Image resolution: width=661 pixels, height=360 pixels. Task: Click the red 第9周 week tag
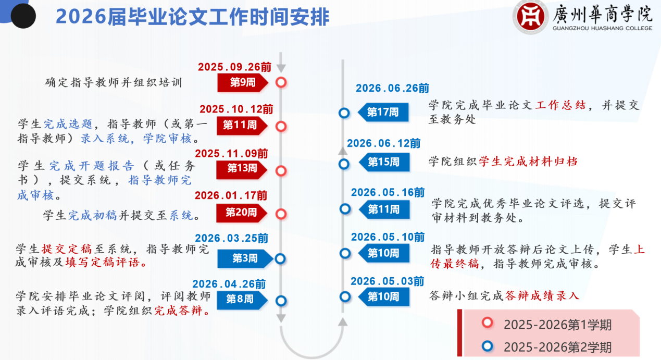coord(243,82)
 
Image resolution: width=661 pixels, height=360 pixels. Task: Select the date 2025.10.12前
coord(236,109)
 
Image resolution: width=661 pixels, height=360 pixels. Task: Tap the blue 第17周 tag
coord(383,112)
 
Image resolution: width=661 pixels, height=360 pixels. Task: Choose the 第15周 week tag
coord(384,162)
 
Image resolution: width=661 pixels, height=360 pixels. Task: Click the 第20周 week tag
coord(242,213)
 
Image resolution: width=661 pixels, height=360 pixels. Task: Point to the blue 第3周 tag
coord(245,258)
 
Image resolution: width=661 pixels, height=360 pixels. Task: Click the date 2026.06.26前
coord(392,88)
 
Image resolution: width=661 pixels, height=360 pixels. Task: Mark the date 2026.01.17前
coord(231,196)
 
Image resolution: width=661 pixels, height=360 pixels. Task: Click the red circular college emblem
coord(530,17)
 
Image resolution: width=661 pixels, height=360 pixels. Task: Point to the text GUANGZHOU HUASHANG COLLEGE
coord(602,28)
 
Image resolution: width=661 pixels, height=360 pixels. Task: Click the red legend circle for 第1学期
coord(488,323)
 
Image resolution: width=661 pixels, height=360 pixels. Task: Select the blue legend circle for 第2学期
coord(488,346)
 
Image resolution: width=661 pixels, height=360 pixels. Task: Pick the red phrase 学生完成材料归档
coord(528,162)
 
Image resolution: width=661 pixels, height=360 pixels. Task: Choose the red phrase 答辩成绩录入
coord(542,296)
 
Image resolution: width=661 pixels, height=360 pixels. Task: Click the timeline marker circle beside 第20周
coord(281,214)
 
